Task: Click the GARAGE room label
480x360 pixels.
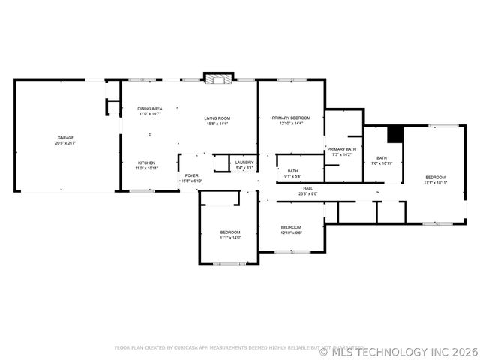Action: click(x=66, y=138)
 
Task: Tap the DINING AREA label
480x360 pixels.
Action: click(x=149, y=109)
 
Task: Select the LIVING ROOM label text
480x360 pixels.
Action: click(x=217, y=118)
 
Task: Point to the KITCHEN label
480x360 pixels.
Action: click(x=146, y=163)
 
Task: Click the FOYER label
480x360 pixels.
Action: click(x=191, y=175)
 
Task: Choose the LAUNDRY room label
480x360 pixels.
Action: click(x=244, y=162)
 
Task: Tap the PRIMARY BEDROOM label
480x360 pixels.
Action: click(x=291, y=118)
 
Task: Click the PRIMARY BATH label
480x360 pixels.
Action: click(x=341, y=149)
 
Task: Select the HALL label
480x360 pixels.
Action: click(x=308, y=188)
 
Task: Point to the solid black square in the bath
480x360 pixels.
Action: click(x=394, y=134)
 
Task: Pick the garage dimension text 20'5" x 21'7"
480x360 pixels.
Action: click(x=66, y=143)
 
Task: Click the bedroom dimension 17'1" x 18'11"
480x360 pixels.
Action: click(x=435, y=182)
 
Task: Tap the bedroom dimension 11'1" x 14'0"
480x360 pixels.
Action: click(x=230, y=238)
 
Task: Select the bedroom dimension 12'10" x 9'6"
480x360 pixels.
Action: click(x=291, y=232)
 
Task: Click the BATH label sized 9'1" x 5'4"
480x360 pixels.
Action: click(x=292, y=171)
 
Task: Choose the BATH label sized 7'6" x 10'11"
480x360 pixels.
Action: click(x=382, y=158)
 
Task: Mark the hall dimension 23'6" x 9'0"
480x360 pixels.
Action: click(x=308, y=193)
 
